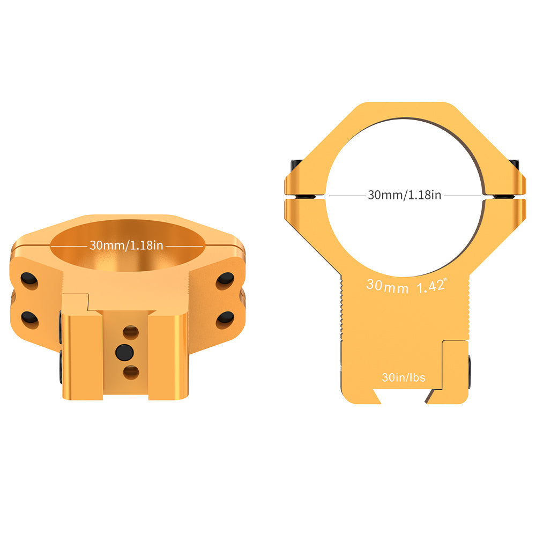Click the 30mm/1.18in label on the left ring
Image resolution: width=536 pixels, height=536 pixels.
tap(126, 245)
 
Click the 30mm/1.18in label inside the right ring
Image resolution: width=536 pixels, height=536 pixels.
tap(404, 195)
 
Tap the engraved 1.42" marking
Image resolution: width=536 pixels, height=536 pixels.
tap(431, 286)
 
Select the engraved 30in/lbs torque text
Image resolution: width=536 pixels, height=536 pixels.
tap(404, 377)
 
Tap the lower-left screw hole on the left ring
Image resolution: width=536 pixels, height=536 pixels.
tap(29, 319)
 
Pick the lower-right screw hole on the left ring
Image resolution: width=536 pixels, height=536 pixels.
tap(225, 319)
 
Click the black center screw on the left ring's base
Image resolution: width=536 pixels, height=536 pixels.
tap(124, 352)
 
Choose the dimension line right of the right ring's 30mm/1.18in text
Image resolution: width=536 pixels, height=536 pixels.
tap(464, 196)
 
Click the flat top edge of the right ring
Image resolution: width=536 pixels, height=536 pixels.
tap(405, 103)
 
